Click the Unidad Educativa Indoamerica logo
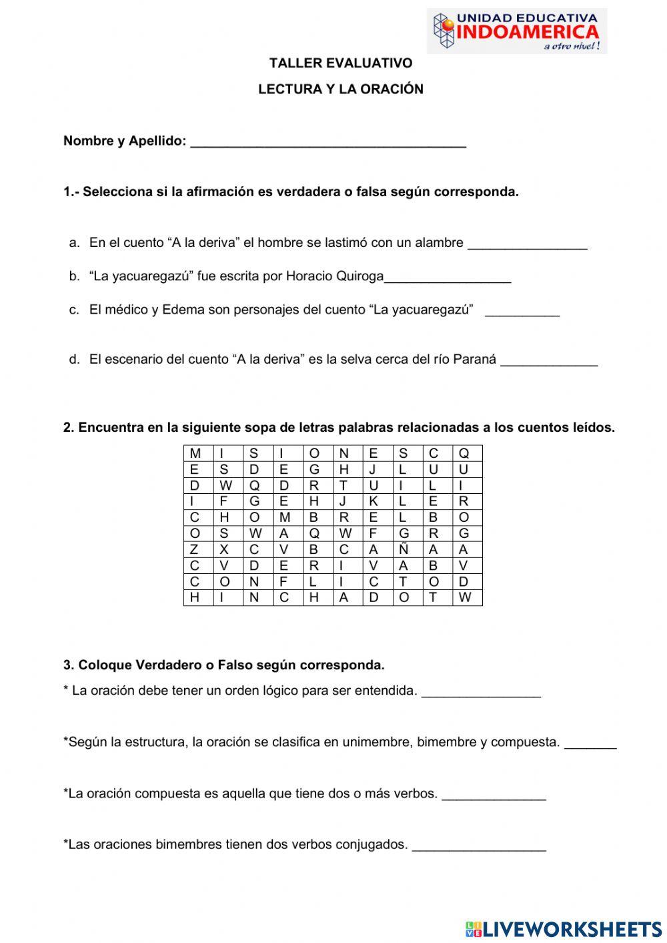(517, 31)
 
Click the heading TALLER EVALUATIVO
(341, 63)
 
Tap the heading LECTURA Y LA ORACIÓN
(341, 89)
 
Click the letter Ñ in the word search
(403, 550)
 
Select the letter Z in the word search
(194, 550)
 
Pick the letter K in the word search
(374, 502)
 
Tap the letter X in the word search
(224, 550)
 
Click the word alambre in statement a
(439, 243)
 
